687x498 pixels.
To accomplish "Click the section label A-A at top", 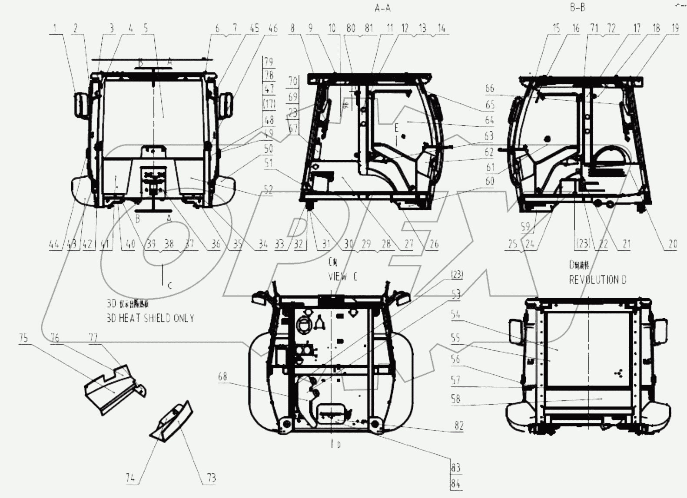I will point(382,8).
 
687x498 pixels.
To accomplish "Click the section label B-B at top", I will point(577,7).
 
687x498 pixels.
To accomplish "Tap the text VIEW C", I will point(343,277).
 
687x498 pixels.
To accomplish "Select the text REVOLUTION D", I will point(597,280).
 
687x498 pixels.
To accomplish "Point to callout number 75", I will point(23,338).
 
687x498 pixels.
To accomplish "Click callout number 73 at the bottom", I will point(211,478).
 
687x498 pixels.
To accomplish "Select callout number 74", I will point(130,478).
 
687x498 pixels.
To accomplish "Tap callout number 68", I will point(222,376).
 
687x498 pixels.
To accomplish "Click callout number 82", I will point(459,425).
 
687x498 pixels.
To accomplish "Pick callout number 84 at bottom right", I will point(456,483).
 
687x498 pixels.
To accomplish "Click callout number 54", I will point(455,314).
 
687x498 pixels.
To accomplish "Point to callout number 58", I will point(455,398).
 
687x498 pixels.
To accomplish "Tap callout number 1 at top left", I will point(55,29).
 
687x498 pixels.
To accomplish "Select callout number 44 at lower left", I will point(54,244).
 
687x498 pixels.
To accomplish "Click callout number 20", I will point(672,244).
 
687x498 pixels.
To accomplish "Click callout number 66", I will point(490,88).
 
